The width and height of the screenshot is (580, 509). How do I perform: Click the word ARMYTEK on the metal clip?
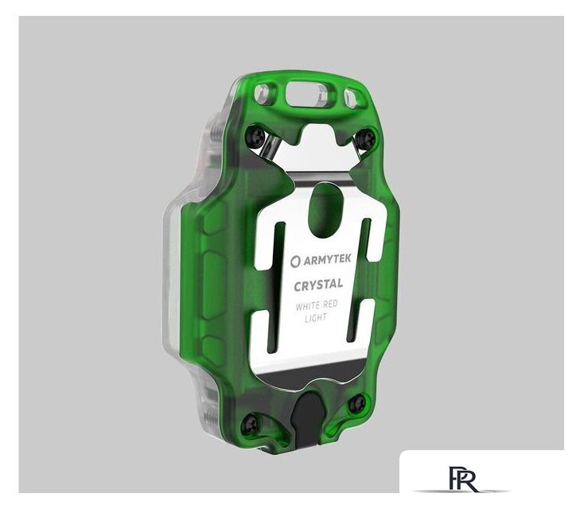pos(328,260)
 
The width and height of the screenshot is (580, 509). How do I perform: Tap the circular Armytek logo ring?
pos(295,262)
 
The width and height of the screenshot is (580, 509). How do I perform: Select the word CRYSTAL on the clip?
pos(318,285)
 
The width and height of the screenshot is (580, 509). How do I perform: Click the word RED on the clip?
pos(330,305)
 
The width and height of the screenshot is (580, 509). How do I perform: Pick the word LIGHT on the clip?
pos(316,318)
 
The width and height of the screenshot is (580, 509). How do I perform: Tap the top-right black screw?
pos(365,139)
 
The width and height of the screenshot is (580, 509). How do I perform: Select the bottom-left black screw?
pos(249,424)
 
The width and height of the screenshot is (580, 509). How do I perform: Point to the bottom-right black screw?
pos(357,403)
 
